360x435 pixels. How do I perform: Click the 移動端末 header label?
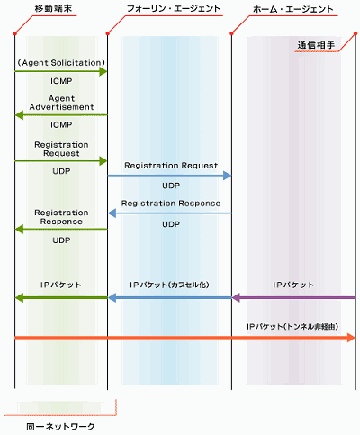53,8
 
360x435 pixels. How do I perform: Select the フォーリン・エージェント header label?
174,8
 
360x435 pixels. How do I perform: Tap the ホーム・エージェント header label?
293,9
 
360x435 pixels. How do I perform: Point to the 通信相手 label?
316,45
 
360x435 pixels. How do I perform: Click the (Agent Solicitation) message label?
61,63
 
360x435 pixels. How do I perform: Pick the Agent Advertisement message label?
61,103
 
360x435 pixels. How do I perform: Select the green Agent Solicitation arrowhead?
103,71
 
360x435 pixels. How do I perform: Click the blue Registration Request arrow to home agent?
169,176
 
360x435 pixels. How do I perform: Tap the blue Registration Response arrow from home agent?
169,213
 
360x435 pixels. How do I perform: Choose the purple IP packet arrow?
293,298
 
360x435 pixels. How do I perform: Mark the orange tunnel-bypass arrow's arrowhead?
351,338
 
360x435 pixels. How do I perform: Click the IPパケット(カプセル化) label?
169,285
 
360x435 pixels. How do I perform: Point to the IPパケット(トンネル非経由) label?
292,326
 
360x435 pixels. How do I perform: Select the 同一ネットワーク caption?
60,427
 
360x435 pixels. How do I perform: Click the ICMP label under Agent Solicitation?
61,81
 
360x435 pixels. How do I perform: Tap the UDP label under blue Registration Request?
171,186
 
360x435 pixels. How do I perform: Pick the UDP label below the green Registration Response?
61,240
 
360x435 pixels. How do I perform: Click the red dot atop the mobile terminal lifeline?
14,33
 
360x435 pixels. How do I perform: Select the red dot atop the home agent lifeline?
231,33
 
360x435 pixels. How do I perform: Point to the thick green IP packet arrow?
61,298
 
